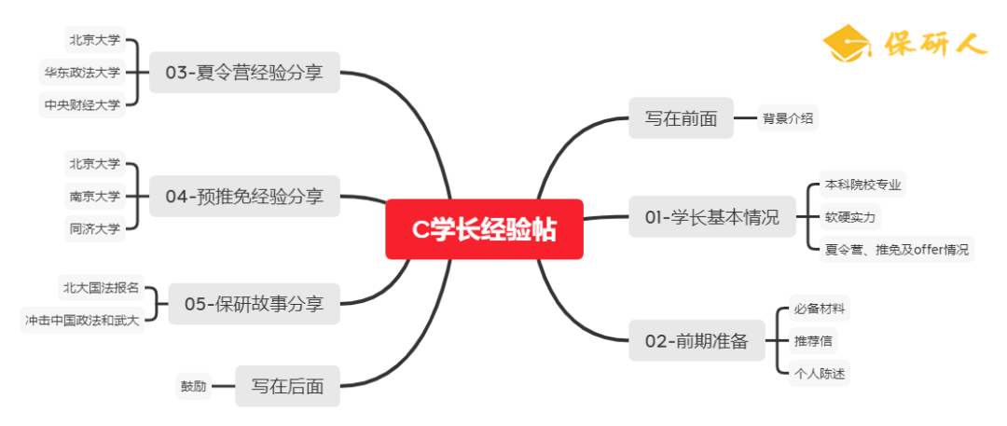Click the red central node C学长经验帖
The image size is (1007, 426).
(484, 229)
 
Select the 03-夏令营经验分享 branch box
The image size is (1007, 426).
(244, 73)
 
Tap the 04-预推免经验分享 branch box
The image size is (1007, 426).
(244, 197)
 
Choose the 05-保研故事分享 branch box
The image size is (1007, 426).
(254, 304)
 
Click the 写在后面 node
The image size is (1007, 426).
(287, 386)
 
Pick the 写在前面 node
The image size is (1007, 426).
(681, 118)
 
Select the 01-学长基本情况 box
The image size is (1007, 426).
(711, 218)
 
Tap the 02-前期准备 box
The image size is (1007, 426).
(697, 341)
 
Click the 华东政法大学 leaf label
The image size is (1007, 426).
(82, 72)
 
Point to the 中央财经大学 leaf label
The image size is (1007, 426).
(82, 104)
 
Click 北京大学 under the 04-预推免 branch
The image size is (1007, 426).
(94, 164)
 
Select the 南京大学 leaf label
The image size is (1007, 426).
(94, 197)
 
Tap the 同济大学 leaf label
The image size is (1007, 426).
(94, 228)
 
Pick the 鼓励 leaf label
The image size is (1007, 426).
(193, 386)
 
